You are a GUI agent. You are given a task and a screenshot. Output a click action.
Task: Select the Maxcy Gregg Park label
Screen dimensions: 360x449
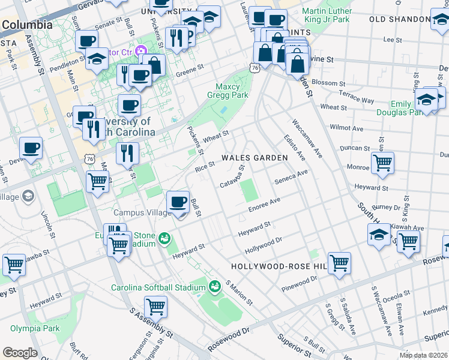click(228, 90)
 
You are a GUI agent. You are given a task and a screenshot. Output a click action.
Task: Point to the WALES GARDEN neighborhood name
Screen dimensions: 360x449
click(255, 157)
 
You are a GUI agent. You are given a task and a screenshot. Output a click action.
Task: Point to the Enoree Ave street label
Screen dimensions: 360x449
click(265, 205)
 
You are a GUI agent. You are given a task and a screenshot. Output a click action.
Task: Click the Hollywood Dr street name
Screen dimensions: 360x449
click(263, 245)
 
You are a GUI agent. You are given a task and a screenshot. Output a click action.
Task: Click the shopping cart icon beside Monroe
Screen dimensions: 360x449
click(382, 162)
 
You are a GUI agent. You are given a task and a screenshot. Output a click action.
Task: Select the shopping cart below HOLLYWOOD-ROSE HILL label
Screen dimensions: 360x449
click(339, 263)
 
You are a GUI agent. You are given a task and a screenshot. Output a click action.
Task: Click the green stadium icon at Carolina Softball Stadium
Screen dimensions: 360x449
click(214, 287)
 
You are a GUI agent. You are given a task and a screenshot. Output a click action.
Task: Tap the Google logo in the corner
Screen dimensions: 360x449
click(20, 353)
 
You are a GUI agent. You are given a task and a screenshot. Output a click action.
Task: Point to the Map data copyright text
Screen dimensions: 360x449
click(424, 355)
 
